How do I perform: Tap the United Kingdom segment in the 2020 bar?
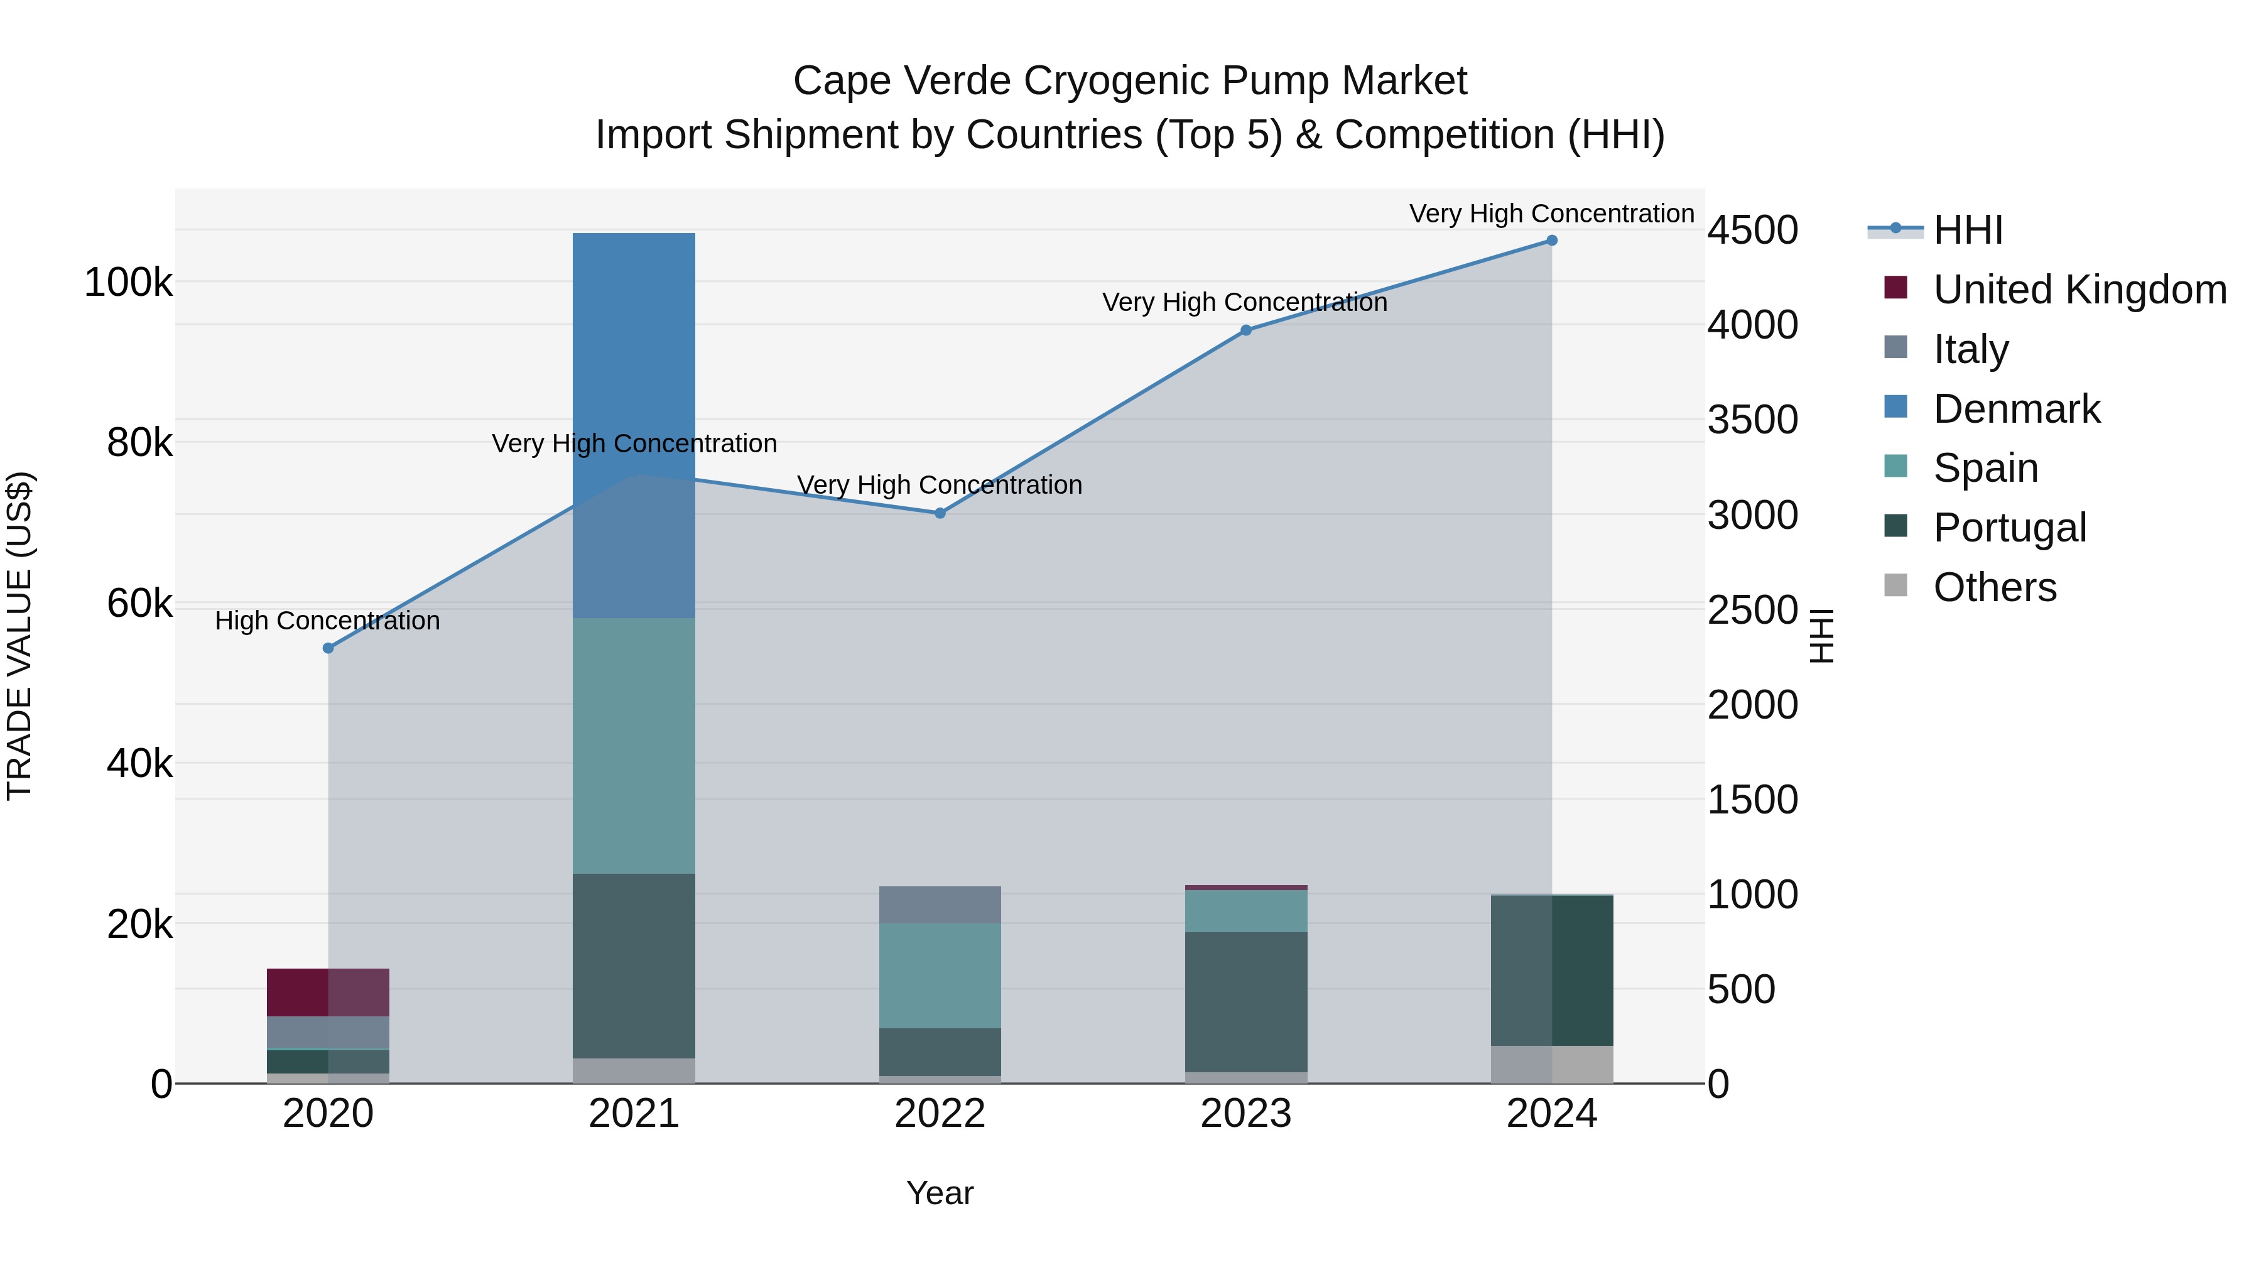click(327, 992)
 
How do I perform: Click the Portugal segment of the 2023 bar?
click(1245, 1001)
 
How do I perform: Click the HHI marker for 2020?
click(328, 648)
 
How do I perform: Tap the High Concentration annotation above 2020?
click(327, 621)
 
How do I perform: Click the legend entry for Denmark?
click(2016, 409)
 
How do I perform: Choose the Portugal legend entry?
click(2009, 528)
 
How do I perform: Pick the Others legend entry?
click(1994, 587)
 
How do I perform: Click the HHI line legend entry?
click(1966, 230)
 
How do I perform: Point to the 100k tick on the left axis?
click(128, 283)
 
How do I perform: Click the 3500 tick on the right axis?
click(1752, 420)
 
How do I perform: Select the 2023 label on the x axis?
click(1245, 1114)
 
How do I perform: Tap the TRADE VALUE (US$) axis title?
click(19, 636)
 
